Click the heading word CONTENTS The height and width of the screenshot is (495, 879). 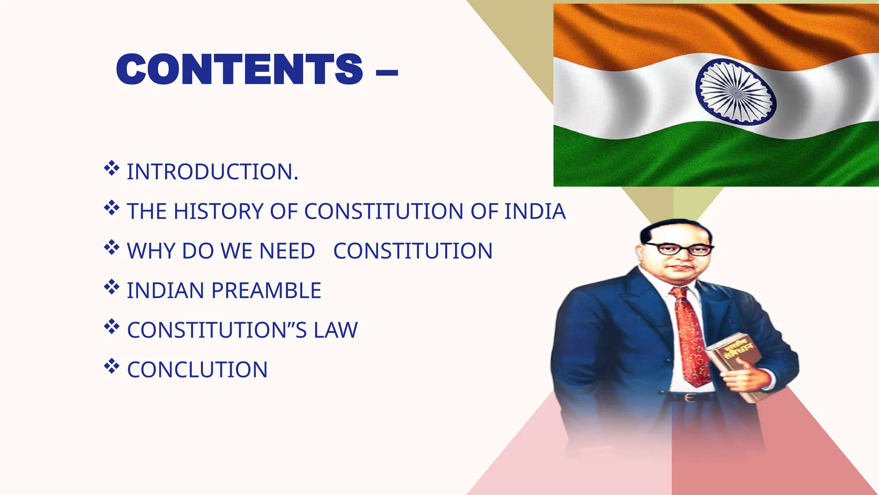239,69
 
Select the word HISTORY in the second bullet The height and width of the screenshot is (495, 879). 218,211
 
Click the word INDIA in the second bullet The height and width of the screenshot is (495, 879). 535,211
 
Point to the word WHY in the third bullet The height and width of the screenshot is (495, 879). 151,251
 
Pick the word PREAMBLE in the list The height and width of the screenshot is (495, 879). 266,290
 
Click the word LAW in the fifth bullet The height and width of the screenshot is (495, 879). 336,330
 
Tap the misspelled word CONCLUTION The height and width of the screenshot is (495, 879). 197,370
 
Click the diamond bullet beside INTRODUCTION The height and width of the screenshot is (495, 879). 112,168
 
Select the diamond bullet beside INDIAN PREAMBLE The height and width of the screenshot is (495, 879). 112,287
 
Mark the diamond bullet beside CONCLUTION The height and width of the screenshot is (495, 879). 112,366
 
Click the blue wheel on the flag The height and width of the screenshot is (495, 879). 736,92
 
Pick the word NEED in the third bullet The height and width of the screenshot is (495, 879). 287,251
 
